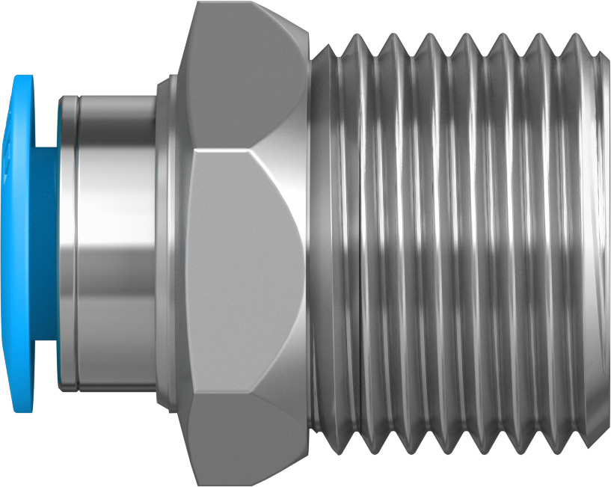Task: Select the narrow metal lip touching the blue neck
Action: tap(65, 243)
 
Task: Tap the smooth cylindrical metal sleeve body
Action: tap(116, 243)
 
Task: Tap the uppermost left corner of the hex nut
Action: tap(197, 3)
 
